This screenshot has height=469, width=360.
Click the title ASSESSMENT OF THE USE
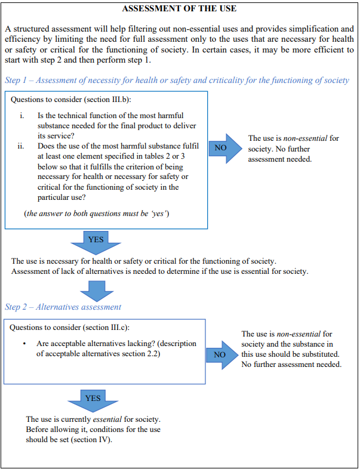point(179,9)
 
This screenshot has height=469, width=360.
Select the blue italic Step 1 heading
point(177,80)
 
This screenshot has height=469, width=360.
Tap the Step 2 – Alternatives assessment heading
point(63,307)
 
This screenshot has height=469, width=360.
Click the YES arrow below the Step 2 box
point(93,399)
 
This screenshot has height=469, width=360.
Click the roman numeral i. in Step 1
point(21,115)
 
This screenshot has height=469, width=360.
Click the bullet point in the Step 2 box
point(23,344)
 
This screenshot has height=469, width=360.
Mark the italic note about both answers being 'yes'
point(97,214)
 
